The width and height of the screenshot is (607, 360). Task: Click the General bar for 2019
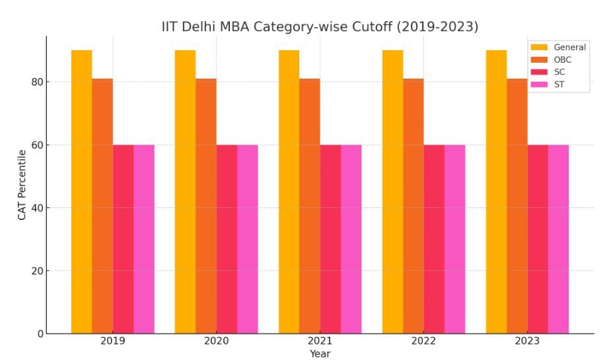81,192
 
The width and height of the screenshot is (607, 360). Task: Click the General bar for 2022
392,192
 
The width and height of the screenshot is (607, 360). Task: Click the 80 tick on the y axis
36,82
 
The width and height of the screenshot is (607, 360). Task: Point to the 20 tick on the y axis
36,271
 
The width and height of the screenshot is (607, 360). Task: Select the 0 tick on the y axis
40,334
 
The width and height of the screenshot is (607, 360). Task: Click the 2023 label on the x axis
527,342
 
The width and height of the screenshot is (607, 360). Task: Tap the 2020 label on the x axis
216,342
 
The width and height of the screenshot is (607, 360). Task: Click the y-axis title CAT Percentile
22,184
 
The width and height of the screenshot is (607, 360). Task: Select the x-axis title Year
320,354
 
